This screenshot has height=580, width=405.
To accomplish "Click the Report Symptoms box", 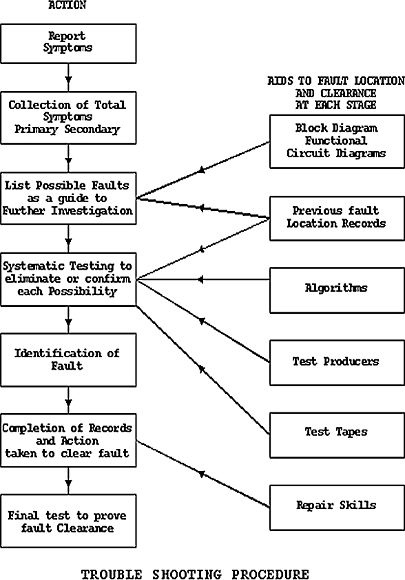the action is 68,43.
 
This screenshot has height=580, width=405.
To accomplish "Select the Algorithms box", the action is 337,290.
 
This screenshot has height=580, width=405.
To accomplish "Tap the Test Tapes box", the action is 337,435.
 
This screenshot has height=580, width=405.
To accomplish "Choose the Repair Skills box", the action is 337,508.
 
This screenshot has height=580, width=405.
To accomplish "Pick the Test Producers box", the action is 337,363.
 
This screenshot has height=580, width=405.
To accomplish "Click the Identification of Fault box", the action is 68,360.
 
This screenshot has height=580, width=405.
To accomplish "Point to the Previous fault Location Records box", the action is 337,219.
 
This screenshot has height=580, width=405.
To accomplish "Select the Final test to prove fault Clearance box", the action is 68,521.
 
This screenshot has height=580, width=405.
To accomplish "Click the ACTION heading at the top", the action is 67,5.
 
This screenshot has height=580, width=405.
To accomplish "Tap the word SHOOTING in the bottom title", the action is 187,574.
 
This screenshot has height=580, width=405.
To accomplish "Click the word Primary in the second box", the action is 37,130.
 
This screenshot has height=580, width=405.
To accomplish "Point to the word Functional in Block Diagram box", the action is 336,141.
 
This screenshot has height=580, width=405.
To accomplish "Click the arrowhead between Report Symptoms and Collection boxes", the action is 68,79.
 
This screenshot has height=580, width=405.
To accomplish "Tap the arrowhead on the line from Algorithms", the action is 200,279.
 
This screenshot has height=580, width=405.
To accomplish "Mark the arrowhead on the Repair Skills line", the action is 201,474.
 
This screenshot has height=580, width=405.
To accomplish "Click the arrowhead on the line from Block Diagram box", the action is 201,170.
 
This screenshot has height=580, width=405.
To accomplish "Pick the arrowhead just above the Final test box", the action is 68,483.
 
